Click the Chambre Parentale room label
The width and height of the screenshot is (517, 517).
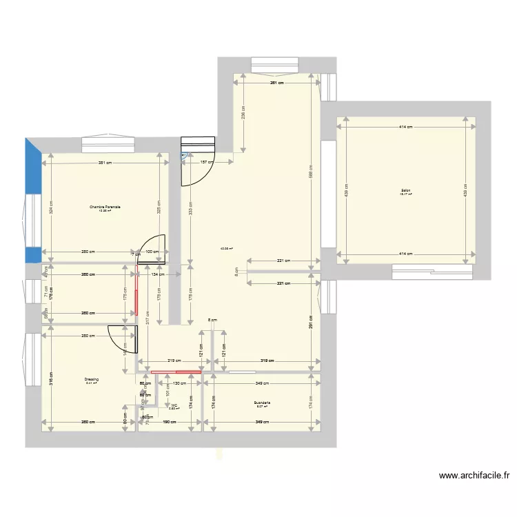coord(105,207)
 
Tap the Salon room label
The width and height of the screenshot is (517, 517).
coord(405,191)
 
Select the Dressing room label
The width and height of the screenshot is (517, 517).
coord(92,379)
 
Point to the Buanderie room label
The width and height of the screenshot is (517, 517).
coord(262,403)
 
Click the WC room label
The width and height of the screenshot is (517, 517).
coord(174,405)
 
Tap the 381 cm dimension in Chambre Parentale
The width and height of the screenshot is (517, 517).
coord(105,163)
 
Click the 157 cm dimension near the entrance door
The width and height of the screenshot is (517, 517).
coord(205,163)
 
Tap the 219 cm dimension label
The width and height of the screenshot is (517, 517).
coord(174,360)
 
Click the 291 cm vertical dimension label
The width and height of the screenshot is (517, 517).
coord(311,323)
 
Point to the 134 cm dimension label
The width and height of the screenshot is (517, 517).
coord(156,274)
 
